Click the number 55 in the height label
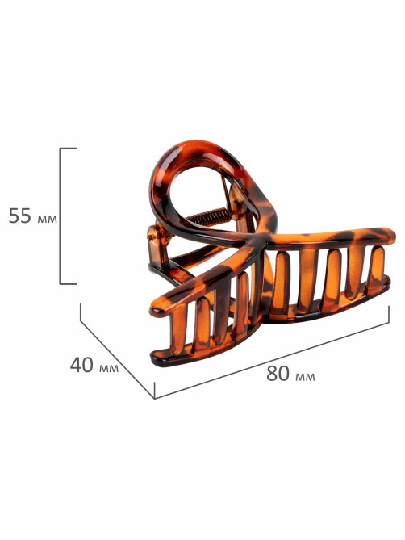click(x=19, y=216)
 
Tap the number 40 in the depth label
click(x=81, y=365)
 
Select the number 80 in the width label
click(x=278, y=373)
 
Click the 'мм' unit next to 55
click(x=47, y=219)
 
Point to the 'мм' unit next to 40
click(x=109, y=368)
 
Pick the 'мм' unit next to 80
click(x=305, y=376)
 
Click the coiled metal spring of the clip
click(x=209, y=217)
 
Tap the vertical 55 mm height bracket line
click(x=61, y=216)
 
